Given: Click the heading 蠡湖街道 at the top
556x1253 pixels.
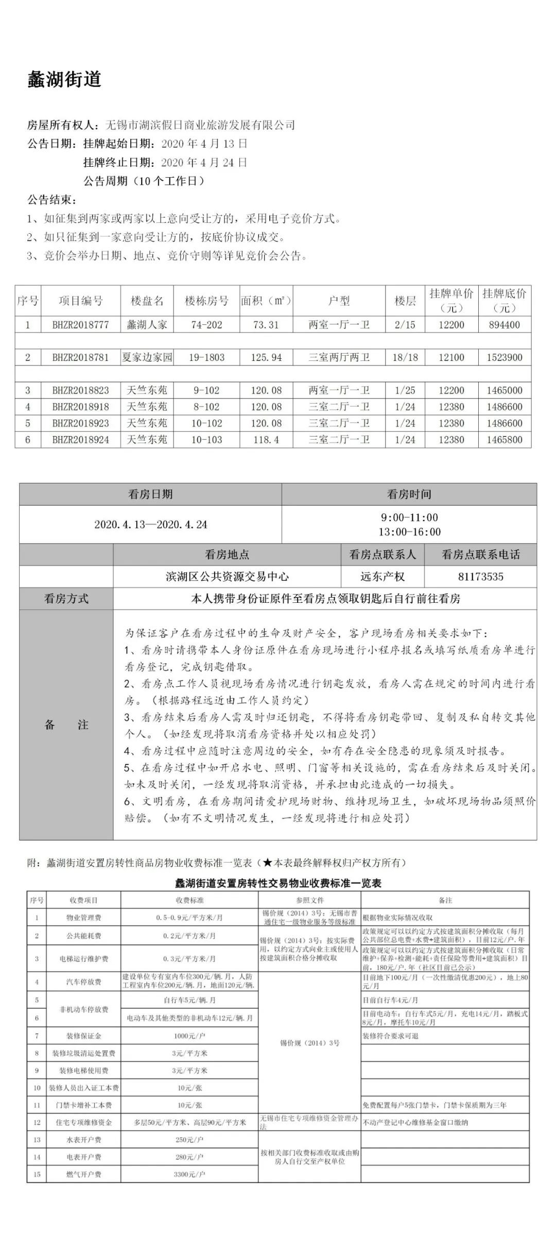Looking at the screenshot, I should click(x=64, y=80).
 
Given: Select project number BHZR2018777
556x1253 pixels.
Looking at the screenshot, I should click(x=80, y=325).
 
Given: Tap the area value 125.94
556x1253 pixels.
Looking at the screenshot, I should click(x=266, y=357).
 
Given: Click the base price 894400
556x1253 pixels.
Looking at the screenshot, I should click(x=503, y=325).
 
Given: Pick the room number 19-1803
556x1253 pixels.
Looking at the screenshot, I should click(x=206, y=357).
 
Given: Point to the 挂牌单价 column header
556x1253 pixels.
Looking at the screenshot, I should click(x=451, y=300).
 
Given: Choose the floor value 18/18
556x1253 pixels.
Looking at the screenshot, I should click(x=405, y=357).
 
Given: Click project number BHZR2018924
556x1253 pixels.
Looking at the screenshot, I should click(x=80, y=440).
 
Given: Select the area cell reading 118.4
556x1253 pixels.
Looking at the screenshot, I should click(x=266, y=440).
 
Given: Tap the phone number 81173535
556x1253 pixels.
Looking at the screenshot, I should click(x=480, y=577).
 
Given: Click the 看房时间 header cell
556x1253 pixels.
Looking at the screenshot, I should click(x=409, y=494).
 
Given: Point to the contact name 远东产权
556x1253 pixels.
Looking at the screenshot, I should click(x=382, y=577).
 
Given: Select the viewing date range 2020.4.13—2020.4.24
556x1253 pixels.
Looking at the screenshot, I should click(x=150, y=525).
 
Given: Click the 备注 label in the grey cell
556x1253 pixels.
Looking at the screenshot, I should click(x=66, y=725).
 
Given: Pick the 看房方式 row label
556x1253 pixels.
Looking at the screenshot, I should click(x=66, y=599).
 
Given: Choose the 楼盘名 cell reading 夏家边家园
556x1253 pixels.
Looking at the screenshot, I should click(x=147, y=357).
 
